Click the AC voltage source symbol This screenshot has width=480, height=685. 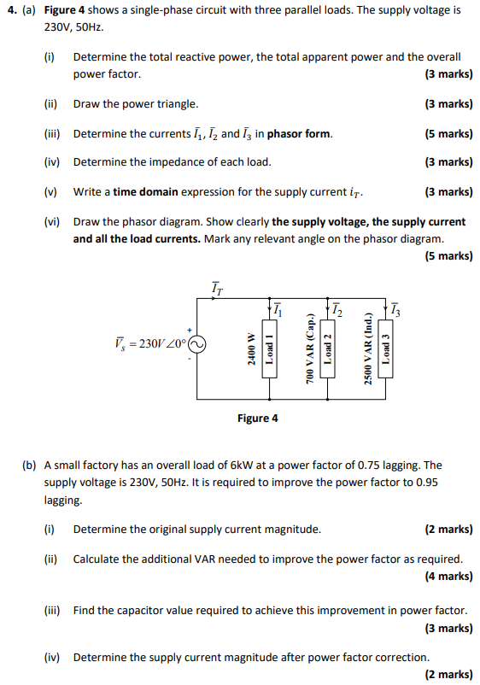pos(196,345)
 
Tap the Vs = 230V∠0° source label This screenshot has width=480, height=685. pos(149,343)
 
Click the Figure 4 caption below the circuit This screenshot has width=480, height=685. pos(257,419)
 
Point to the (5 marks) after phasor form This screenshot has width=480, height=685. pos(448,134)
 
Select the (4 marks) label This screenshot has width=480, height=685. pos(448,577)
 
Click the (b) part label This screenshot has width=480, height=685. pos(30,465)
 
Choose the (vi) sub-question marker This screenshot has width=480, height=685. pos(51,221)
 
